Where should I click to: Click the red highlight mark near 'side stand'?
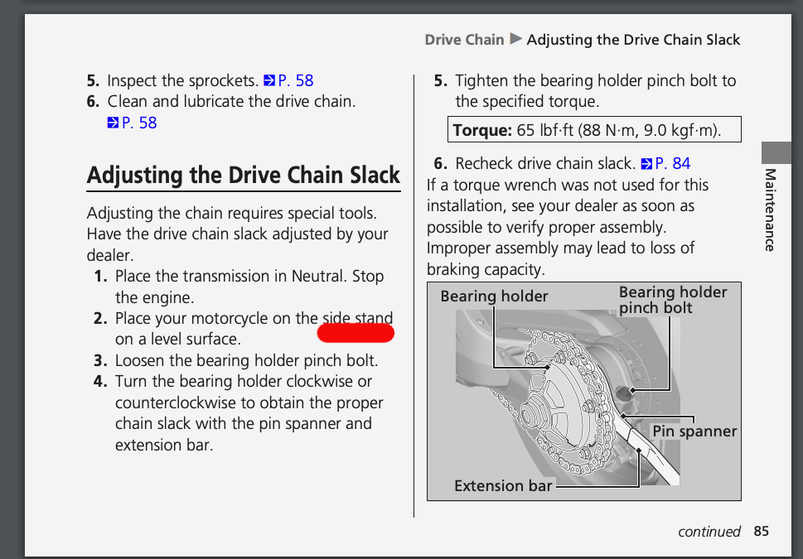tap(356, 333)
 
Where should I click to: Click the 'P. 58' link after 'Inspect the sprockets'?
tap(296, 80)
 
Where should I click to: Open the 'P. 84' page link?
tap(672, 163)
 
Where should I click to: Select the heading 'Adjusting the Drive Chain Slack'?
tap(244, 175)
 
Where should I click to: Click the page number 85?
tap(761, 532)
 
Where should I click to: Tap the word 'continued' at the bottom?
tap(709, 532)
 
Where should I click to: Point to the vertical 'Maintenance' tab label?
tap(770, 210)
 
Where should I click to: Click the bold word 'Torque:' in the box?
tap(482, 130)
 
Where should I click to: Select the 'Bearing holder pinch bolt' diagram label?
tap(672, 300)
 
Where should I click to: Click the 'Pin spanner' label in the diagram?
tap(694, 431)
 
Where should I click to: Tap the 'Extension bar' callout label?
tap(503, 485)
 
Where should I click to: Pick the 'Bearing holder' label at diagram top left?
tap(494, 296)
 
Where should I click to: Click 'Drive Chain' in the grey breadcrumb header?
tap(465, 40)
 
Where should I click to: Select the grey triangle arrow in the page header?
tap(515, 39)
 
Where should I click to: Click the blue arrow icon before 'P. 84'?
tap(647, 164)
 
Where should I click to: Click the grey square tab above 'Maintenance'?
tap(776, 152)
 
